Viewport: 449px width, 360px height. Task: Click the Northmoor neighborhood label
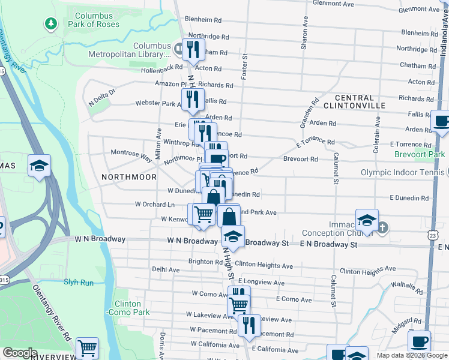point(129,177)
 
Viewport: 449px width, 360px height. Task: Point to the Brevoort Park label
point(420,154)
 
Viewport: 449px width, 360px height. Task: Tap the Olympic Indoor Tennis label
point(402,173)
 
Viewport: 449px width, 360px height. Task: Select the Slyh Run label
point(79,282)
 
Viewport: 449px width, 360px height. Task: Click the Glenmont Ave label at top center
point(336,3)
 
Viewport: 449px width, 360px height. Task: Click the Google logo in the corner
point(20,353)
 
